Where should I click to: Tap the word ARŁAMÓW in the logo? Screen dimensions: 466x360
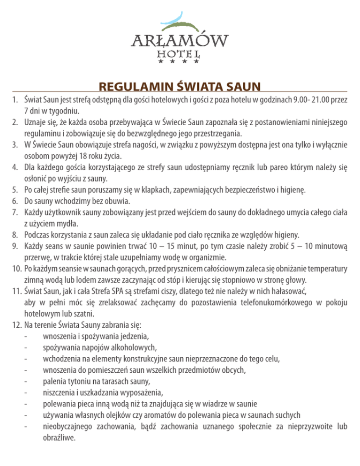click(180, 41)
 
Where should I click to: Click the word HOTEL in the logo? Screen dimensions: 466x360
click(180, 54)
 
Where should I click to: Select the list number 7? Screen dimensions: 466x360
click(15, 212)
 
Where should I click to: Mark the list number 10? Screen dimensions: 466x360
click(15, 269)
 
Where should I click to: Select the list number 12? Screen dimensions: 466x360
click(15, 324)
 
